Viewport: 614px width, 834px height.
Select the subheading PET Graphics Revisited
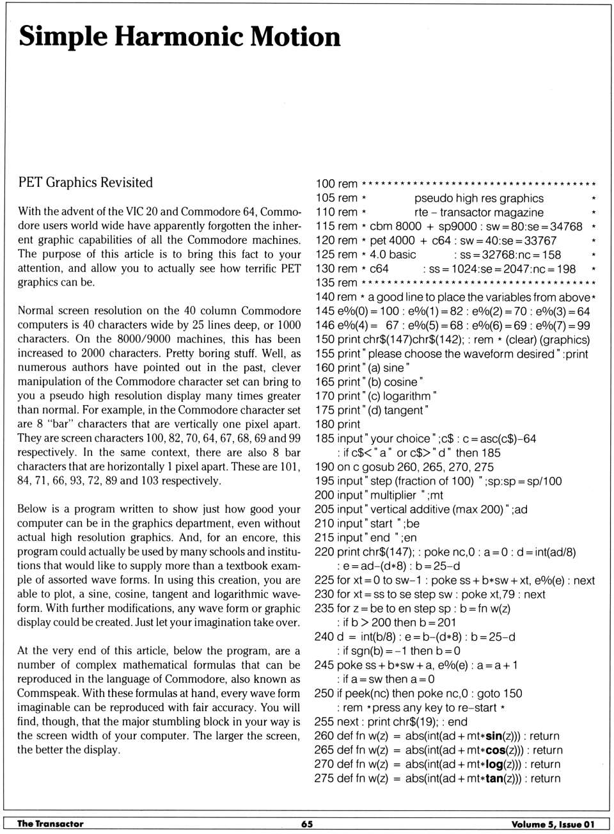pos(85,182)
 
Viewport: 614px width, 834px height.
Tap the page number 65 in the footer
pos(307,824)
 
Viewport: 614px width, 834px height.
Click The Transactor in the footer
pos(50,824)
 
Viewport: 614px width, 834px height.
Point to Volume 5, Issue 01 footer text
pos(553,824)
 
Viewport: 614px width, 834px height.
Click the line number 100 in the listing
pos(325,184)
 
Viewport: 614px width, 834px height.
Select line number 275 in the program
pos(324,778)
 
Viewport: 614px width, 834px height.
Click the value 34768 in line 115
pos(566,227)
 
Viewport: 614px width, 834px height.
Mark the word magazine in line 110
pos(518,213)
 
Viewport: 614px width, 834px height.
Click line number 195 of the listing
pos(324,481)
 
